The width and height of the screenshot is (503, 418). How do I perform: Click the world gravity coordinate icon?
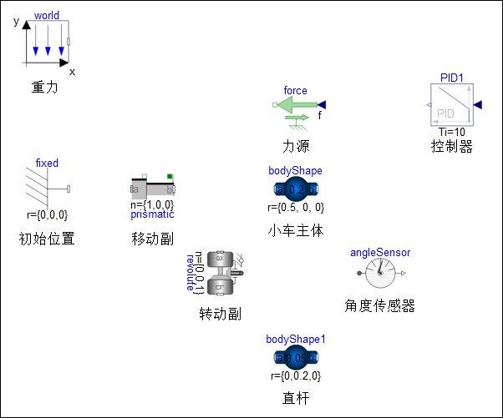(x=46, y=42)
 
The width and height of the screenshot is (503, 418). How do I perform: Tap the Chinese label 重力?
(x=44, y=86)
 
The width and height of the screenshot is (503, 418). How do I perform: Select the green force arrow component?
(x=297, y=106)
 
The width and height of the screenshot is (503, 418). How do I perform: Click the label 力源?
(x=295, y=146)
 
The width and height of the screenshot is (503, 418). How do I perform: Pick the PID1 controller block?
(x=452, y=104)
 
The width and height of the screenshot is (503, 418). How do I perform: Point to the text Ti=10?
(x=452, y=132)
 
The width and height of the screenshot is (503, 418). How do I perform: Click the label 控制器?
(x=452, y=147)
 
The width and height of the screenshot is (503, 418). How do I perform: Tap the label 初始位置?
(x=47, y=239)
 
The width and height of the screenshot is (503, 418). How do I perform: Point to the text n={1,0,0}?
(x=151, y=204)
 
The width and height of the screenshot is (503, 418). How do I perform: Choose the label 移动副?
(x=152, y=239)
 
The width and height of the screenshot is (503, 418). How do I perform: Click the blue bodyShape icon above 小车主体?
(x=295, y=189)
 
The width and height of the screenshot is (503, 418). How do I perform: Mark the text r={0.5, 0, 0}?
(x=295, y=208)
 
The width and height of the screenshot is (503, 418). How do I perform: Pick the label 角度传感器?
(x=380, y=306)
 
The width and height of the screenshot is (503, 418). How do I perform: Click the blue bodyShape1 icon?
(x=295, y=358)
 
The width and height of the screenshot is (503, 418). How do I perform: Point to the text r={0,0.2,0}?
(x=295, y=376)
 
